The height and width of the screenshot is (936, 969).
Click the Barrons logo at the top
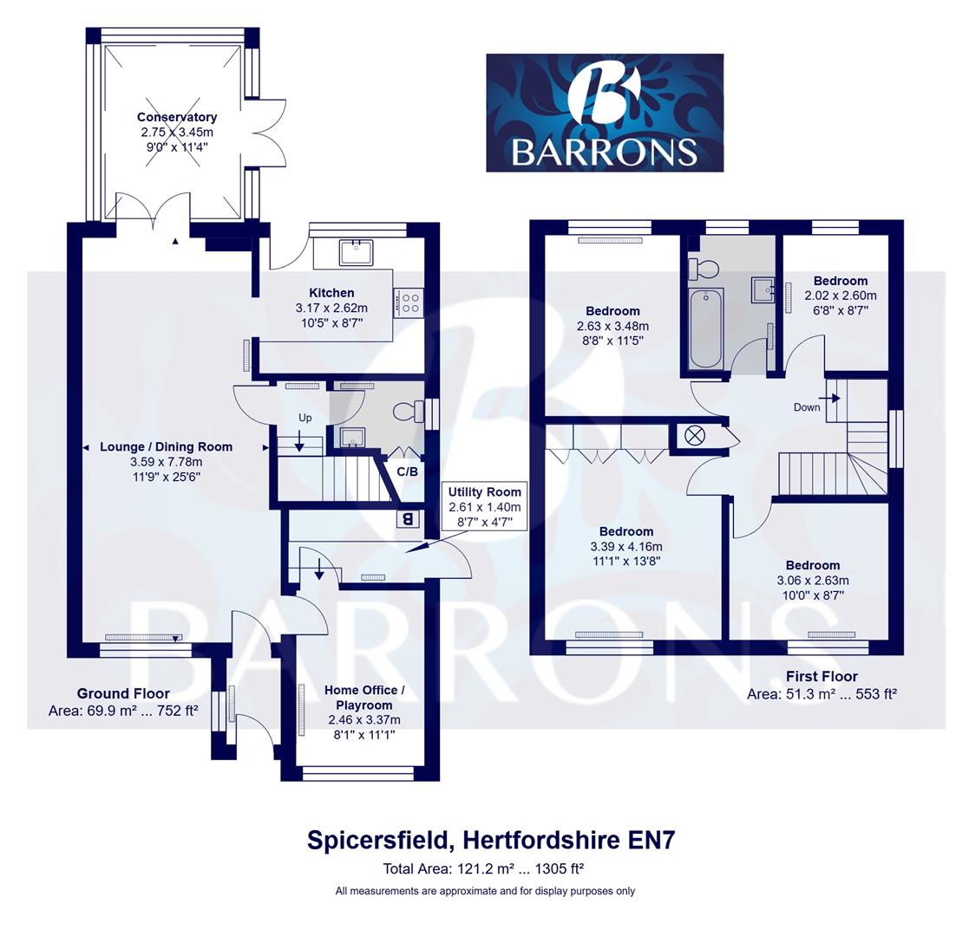604,113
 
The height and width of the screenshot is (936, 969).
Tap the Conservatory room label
177,117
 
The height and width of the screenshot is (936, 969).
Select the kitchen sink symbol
356,252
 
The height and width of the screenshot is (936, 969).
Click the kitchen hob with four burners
408,302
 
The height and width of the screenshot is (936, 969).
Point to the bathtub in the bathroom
706,328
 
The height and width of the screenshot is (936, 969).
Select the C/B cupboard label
407,472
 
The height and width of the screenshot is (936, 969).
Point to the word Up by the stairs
304,418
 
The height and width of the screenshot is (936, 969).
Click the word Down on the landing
806,407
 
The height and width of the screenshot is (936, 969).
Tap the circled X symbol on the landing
695,435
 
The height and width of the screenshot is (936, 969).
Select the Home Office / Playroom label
364,698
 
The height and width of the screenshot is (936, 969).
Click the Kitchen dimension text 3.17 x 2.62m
331,308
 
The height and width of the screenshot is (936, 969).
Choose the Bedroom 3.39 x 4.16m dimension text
625,547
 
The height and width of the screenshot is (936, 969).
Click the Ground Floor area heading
123,693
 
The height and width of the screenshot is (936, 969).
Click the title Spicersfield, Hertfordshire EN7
491,840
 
